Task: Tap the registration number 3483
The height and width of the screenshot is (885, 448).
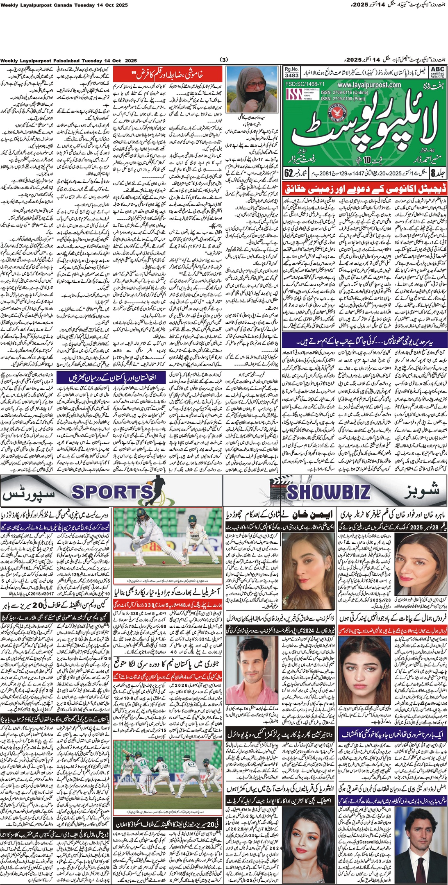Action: (x=291, y=75)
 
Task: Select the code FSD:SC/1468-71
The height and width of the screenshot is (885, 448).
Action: (x=305, y=84)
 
